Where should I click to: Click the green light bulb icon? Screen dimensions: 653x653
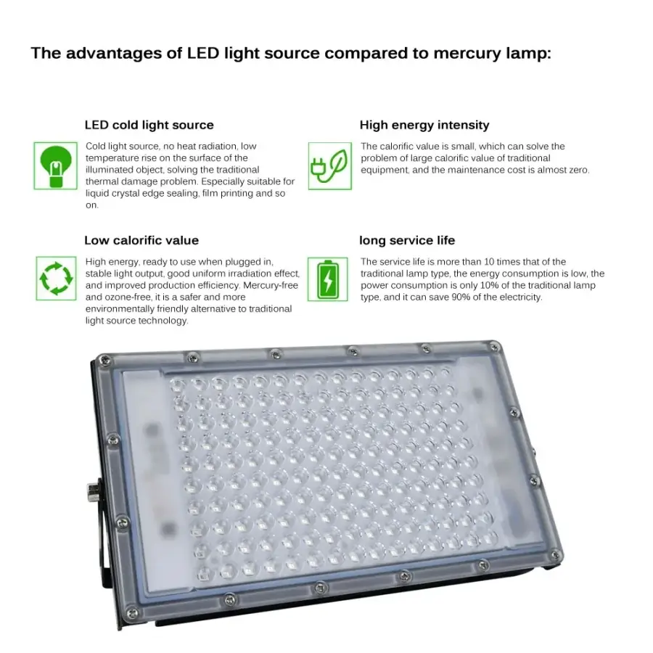(55, 165)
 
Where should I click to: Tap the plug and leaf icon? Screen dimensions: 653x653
(330, 165)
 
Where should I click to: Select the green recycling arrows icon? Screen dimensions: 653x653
(56, 278)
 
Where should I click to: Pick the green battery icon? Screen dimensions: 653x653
(328, 279)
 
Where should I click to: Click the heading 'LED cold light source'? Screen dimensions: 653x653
(149, 125)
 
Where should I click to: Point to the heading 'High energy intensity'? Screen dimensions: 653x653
(424, 125)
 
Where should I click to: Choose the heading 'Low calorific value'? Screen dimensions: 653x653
(141, 240)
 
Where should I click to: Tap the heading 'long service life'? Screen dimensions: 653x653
(407, 240)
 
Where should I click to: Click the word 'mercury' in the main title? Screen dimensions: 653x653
(467, 53)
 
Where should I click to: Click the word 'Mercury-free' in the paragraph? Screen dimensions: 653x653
(271, 285)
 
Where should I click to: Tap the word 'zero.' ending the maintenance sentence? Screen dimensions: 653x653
(579, 170)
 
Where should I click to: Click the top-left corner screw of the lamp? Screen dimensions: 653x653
(104, 359)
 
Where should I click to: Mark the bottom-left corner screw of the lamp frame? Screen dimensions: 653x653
(133, 613)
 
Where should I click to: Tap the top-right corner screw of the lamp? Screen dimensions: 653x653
(494, 347)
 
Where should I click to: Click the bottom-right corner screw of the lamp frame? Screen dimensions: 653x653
(555, 555)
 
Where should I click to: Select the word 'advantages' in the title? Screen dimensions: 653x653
(124, 54)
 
